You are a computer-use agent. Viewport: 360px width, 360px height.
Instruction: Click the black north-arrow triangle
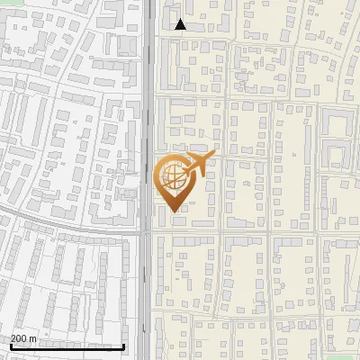[x=180, y=24]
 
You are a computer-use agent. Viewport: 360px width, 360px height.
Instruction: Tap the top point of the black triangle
[x=180, y=19]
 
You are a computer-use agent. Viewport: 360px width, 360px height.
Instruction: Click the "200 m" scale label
[x=24, y=338]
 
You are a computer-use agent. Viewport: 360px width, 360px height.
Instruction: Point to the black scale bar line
[x=67, y=346]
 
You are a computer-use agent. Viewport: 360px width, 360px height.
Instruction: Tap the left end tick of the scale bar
[x=11, y=345]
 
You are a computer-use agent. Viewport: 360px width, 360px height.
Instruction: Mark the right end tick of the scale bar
[x=123, y=345]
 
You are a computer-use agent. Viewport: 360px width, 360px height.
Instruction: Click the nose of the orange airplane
[x=212, y=157]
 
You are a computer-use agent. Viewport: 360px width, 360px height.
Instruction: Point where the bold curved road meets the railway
[x=144, y=231]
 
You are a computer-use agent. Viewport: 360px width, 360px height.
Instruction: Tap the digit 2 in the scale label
[x=13, y=338]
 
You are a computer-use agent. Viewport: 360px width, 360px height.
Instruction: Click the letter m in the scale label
[x=34, y=339]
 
